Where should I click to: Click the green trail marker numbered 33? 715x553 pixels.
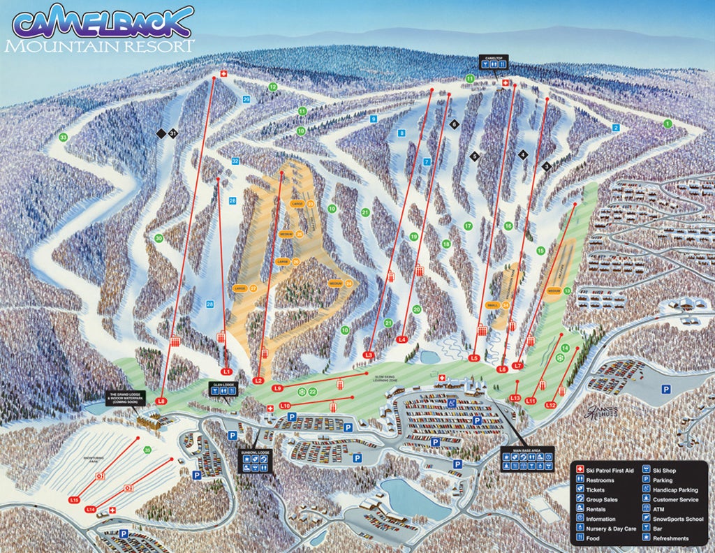tap(64, 138)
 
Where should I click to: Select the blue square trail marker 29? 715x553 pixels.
tap(246, 100)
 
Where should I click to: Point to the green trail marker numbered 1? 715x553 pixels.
tap(668, 124)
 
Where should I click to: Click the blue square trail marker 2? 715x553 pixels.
tap(616, 128)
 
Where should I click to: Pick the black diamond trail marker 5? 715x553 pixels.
tap(475, 156)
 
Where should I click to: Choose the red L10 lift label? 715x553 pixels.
tap(285, 406)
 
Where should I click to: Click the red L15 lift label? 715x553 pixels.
tap(75, 500)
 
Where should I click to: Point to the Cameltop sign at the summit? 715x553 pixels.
tap(494, 61)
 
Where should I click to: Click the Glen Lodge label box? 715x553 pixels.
tap(222, 389)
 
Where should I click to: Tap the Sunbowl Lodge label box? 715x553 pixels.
tap(254, 462)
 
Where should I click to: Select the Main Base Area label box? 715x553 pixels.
tap(526, 459)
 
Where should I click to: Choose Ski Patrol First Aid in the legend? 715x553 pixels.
tap(605, 471)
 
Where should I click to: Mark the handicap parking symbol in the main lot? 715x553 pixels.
tap(452, 403)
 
